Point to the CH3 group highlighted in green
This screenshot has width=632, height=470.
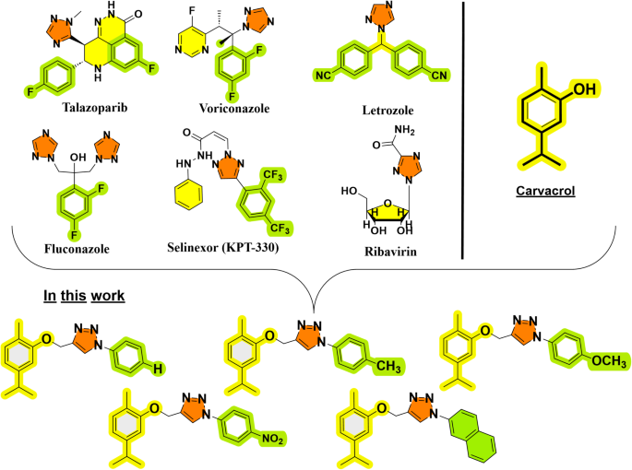coord(387,369)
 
